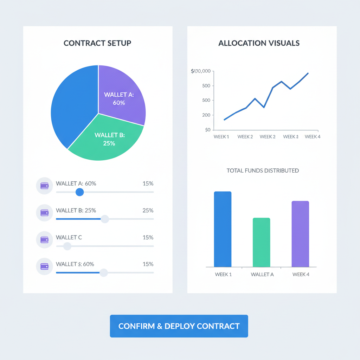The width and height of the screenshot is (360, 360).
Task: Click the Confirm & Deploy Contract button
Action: pos(179,326)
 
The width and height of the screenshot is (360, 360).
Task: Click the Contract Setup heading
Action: pos(97,43)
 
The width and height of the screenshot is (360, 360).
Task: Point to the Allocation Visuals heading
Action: pos(259,43)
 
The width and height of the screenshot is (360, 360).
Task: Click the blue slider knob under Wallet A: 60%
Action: pos(80,192)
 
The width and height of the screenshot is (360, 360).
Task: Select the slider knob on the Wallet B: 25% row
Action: pos(105,219)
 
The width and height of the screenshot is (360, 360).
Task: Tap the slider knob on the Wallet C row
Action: pos(67,246)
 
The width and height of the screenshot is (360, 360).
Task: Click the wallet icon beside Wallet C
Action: pos(44,240)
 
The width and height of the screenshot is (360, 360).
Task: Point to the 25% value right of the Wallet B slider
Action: pos(148,211)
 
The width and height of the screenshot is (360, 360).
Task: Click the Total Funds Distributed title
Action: pos(263,171)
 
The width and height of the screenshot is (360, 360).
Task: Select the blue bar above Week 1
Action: pos(223,229)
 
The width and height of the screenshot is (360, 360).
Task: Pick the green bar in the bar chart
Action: pos(261,242)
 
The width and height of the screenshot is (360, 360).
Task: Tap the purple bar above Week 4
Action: pos(300,234)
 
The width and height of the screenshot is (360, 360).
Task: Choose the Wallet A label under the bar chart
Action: pos(262,275)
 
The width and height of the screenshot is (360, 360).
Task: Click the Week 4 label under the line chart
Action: pos(313,137)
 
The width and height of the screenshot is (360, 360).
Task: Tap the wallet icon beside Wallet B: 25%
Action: pos(44,213)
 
